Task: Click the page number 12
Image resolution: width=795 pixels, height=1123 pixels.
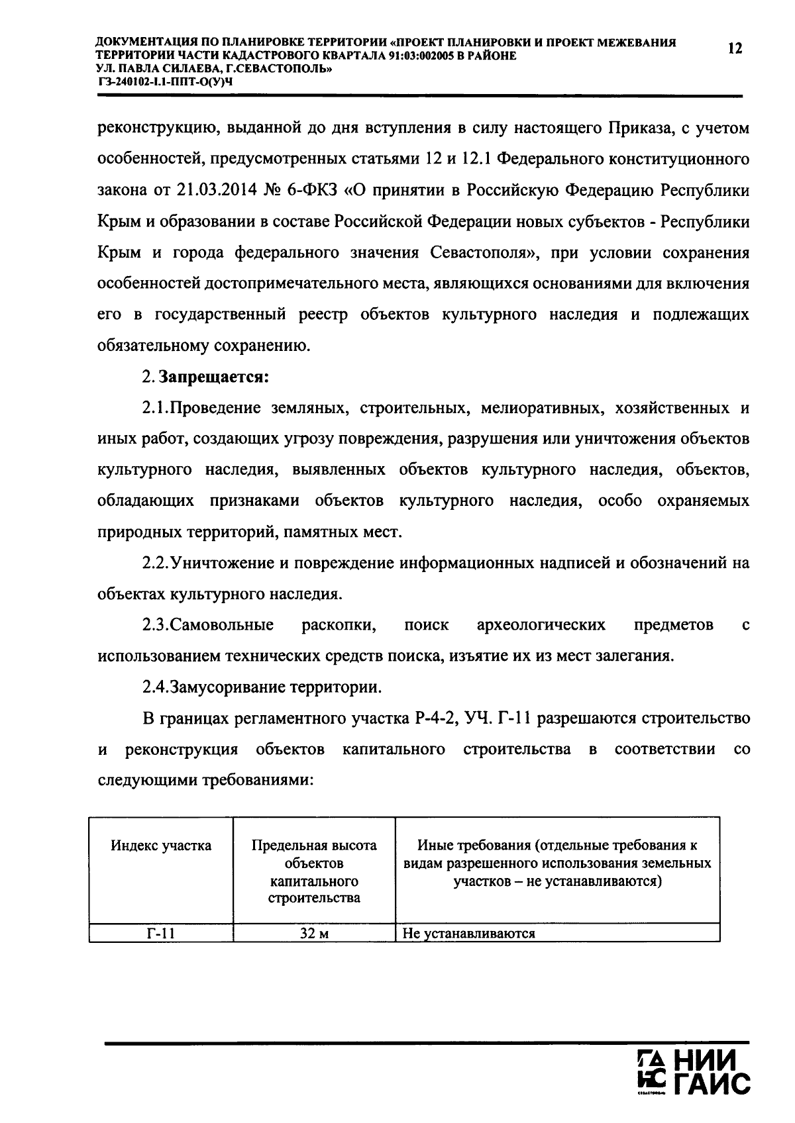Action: pyautogui.click(x=735, y=48)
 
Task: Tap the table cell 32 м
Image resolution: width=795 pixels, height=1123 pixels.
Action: pyautogui.click(x=314, y=934)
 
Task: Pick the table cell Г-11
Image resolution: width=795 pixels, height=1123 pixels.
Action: pyautogui.click(x=161, y=934)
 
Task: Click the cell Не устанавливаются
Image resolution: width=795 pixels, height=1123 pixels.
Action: pyautogui.click(x=468, y=934)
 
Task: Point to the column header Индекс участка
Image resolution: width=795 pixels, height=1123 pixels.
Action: pyautogui.click(x=161, y=846)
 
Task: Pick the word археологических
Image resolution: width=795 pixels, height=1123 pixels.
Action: pyautogui.click(x=541, y=624)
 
